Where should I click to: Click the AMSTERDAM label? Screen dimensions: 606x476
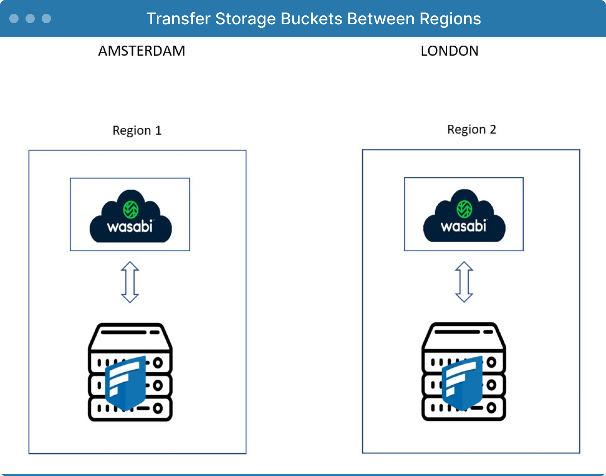142,51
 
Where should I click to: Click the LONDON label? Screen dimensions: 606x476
450,51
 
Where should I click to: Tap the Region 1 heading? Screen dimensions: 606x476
137,130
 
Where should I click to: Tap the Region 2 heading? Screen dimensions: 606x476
472,130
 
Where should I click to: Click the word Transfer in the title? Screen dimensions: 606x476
178,19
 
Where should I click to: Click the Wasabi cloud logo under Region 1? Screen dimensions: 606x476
131,216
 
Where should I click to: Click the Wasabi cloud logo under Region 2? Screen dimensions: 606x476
464,216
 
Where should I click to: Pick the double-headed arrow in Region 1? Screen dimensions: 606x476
130,282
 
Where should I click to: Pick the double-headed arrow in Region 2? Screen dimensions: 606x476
464,282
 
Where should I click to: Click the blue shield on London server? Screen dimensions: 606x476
462,383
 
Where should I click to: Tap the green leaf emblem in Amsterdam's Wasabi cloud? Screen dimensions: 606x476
131,210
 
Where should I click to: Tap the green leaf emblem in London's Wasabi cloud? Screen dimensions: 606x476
464,209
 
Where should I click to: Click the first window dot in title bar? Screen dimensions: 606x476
14,19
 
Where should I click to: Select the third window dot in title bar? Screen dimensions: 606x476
46,19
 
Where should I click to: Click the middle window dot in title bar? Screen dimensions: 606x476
30,19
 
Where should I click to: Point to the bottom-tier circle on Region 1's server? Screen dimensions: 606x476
158,408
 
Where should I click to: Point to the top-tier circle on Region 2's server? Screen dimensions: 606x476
491,362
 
